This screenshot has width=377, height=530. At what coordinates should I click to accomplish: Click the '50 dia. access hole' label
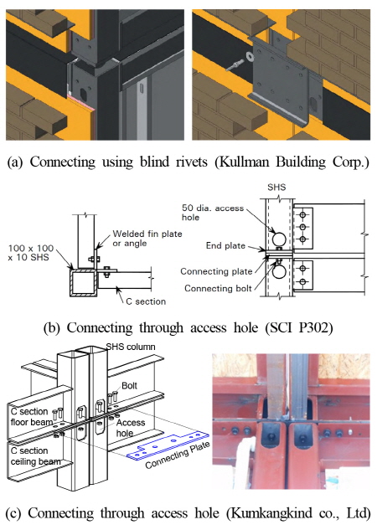coord(213,213)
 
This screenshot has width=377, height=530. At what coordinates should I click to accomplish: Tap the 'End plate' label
coord(225,245)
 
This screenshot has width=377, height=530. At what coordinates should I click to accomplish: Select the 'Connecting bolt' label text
coord(218,288)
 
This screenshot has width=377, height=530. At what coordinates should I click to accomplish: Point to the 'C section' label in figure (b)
coord(146,301)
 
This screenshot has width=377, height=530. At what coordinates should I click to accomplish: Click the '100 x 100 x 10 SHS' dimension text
coord(31,253)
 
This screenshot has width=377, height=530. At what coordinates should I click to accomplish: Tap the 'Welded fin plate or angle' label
coord(147,239)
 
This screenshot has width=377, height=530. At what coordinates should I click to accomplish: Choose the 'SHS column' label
coord(131,347)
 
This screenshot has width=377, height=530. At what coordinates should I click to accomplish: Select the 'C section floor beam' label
coord(31,417)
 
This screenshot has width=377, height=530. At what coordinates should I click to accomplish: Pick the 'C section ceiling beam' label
coord(35,456)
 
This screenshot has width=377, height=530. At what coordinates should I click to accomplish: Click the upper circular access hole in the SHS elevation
coord(279,239)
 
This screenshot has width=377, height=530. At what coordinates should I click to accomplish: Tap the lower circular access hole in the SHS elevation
coord(279,271)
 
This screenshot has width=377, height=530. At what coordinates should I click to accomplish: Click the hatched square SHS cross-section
coord(83,282)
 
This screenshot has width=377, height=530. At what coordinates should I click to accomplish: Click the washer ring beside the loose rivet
coord(250,56)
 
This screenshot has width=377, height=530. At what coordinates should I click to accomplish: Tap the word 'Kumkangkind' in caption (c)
coord(269,513)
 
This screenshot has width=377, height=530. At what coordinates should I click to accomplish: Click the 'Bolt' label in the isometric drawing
coord(130,386)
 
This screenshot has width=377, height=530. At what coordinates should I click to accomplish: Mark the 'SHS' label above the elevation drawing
coord(276,188)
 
